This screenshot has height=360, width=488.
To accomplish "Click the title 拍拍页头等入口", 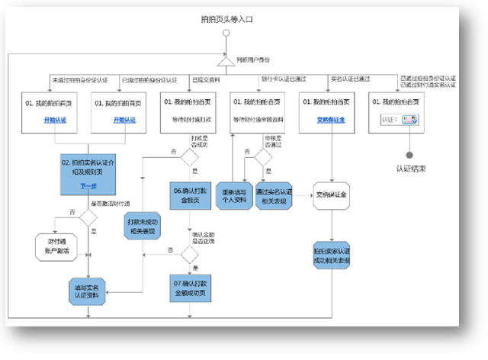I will (227, 18).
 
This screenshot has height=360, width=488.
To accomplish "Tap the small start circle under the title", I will (227, 33).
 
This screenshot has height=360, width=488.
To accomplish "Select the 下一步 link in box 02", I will (88, 186).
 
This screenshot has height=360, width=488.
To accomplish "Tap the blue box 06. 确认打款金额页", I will (188, 195).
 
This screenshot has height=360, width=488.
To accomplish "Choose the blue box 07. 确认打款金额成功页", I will (188, 287).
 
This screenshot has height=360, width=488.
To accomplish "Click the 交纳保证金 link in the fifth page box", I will (332, 119).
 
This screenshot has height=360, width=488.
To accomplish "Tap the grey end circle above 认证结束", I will (409, 154).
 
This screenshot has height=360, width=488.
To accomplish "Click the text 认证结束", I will (410, 169).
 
